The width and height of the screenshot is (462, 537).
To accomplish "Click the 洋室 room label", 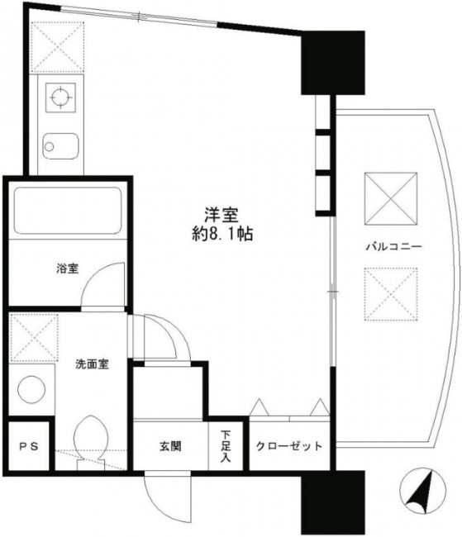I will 222,214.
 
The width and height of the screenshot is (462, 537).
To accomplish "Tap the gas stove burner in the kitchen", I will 60,98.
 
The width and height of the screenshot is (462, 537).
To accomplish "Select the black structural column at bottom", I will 333,501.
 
